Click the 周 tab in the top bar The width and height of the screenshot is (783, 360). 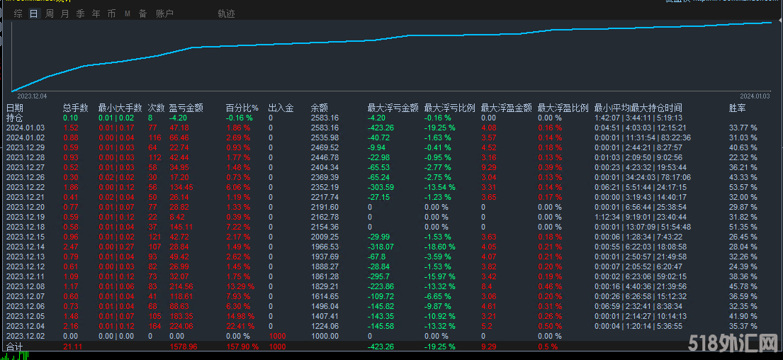49,13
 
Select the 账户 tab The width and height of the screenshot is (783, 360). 164,13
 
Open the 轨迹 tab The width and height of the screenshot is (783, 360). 226,13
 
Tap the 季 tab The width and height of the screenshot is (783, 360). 80,13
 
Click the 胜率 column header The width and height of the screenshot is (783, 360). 738,108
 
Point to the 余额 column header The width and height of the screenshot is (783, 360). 320,108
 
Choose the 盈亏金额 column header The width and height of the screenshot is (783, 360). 186,108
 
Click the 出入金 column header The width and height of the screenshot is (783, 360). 281,108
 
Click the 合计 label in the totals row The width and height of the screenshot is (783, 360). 14,347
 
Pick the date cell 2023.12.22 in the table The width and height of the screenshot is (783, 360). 26,187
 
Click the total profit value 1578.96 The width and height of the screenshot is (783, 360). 184,347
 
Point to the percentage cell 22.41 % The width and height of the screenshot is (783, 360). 238,326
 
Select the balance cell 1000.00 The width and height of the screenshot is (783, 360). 325,337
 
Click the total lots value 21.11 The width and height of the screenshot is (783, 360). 72,347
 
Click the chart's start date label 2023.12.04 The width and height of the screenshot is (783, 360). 32,95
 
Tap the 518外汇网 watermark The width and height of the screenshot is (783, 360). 733,344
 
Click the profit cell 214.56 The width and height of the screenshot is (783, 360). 182,286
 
